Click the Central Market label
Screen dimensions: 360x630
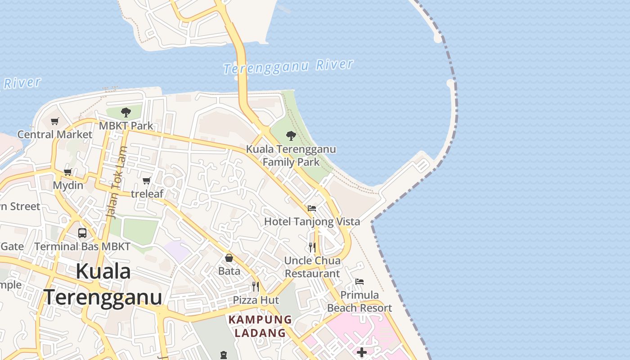pyautogui.click(x=54, y=134)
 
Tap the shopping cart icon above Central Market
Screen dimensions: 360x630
pyautogui.click(x=55, y=121)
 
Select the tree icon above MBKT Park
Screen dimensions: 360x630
pyautogui.click(x=126, y=112)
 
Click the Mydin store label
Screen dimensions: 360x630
pyautogui.click(x=68, y=185)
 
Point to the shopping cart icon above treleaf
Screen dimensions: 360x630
pyautogui.click(x=146, y=180)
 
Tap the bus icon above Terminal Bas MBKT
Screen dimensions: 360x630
pyautogui.click(x=82, y=233)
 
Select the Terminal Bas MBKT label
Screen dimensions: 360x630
pyautogui.click(x=82, y=247)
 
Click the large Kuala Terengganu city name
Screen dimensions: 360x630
pyautogui.click(x=103, y=284)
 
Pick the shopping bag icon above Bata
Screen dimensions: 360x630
pyautogui.click(x=229, y=258)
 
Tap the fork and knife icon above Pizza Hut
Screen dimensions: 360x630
pyautogui.click(x=255, y=287)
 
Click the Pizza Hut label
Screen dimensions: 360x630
pyautogui.click(x=256, y=300)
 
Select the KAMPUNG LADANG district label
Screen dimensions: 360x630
pyautogui.click(x=260, y=326)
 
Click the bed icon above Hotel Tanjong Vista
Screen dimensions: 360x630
pyautogui.click(x=312, y=208)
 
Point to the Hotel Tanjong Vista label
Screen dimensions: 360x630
pyautogui.click(x=312, y=221)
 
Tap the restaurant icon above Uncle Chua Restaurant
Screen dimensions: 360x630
pyautogui.click(x=312, y=247)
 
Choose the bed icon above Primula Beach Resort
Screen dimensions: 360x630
pyautogui.click(x=359, y=282)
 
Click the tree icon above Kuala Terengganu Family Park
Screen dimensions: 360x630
pyautogui.click(x=291, y=135)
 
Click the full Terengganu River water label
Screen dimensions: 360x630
pyautogui.click(x=288, y=67)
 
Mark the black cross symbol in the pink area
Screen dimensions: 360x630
pyautogui.click(x=362, y=352)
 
